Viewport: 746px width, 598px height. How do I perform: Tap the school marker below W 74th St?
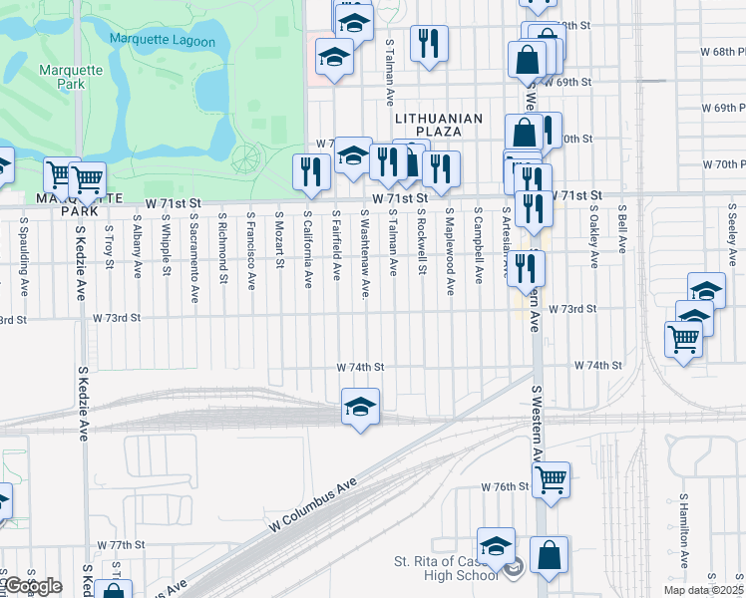[x=360, y=407]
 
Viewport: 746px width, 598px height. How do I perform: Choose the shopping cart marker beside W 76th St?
[x=551, y=480]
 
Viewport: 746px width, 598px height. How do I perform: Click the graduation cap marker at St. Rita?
[x=496, y=546]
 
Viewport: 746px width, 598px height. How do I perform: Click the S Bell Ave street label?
[x=621, y=230]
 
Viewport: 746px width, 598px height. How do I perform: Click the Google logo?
[x=32, y=586]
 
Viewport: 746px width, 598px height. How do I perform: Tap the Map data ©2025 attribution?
[x=704, y=590]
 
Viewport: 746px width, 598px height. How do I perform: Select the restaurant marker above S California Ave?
[x=310, y=171]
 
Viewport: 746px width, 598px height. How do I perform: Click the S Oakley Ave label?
[x=593, y=237]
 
